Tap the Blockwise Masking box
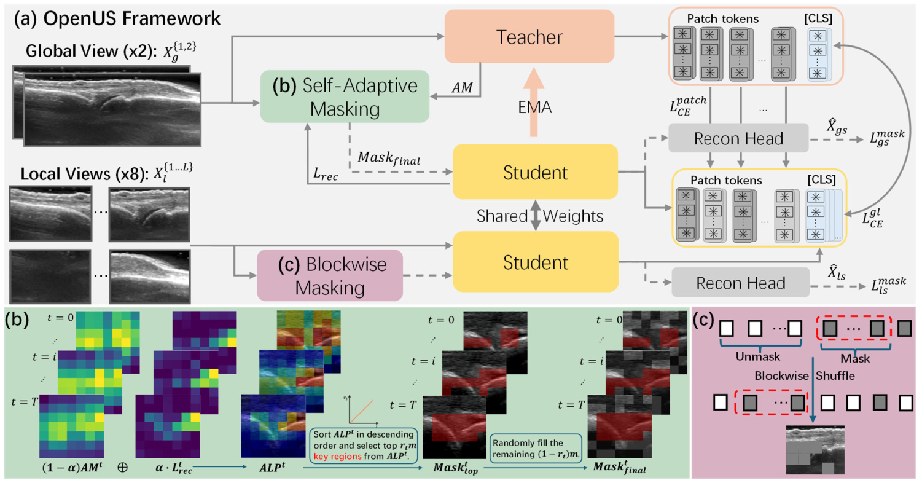pos(330,275)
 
